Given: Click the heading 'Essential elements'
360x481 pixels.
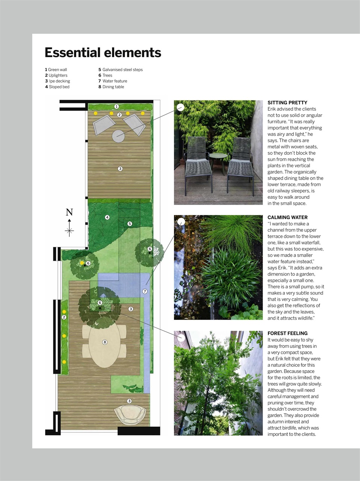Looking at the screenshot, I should coord(103,53).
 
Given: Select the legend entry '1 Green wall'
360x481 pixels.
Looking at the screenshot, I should coord(56,70).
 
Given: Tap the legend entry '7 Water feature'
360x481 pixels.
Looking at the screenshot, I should coord(113,81).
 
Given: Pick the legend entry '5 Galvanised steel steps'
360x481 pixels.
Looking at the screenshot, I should coord(120,70).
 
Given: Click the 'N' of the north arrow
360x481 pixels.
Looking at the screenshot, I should coord(70,212).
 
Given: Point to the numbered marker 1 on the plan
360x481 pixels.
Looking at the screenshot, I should coord(116,107).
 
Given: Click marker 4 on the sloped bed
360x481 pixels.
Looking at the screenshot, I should coord(107,217).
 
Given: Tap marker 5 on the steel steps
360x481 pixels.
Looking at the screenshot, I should coord(130,224).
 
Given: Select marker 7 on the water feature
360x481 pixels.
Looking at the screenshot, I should coord(145,291).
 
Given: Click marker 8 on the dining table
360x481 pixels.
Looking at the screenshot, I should coord(105,342).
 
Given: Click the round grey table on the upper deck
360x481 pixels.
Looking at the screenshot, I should coord(119,136).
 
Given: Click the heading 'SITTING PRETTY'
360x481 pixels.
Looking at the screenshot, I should coord(287,103).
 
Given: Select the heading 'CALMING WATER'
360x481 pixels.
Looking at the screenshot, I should coord(287,217).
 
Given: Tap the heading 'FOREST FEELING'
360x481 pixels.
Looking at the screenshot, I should coord(287,333).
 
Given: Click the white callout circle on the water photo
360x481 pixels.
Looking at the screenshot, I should coord(181,221).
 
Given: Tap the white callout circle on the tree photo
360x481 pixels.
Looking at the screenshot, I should coord(181,337).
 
